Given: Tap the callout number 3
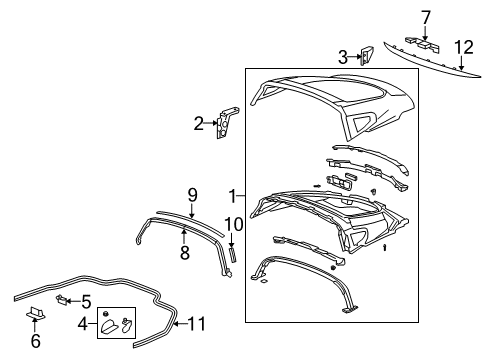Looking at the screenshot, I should click(342, 57).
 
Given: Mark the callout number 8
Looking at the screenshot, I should click(184, 255).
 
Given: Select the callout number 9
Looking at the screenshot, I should click(192, 192).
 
